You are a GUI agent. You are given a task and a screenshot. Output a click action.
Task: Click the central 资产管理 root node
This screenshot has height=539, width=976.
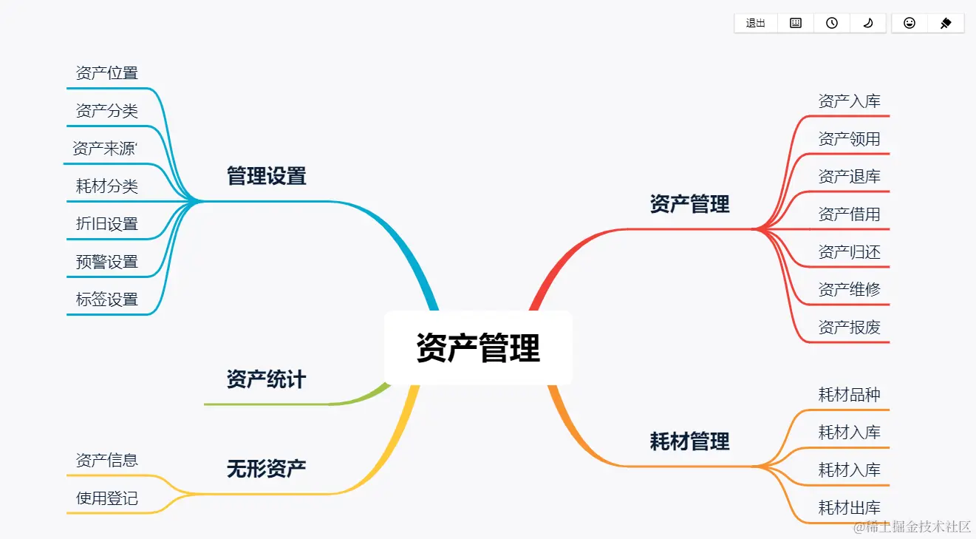coord(478,348)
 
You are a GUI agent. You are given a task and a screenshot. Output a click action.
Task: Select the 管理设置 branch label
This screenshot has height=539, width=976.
coord(266,176)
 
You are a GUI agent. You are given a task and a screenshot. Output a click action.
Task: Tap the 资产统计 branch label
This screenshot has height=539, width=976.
coord(266,380)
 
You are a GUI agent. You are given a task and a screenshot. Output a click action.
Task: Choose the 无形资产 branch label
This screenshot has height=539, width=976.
coord(266,468)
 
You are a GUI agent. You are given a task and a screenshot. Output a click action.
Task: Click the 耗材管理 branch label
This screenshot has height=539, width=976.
coord(689,441)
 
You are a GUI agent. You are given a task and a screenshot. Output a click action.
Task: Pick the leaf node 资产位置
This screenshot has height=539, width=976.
coord(106,73)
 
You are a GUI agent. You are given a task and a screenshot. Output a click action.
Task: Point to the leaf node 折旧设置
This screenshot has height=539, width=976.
coord(106,224)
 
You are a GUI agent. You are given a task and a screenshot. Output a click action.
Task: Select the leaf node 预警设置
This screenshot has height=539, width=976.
coord(106,262)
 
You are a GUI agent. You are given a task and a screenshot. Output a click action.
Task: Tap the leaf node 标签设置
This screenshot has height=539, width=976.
coord(106,299)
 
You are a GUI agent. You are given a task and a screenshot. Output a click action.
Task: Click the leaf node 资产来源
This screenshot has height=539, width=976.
coord(104,149)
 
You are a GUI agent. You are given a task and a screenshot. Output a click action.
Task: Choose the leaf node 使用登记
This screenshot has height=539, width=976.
coord(106,498)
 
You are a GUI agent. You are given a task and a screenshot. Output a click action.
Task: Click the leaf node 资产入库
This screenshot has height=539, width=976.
coord(849,101)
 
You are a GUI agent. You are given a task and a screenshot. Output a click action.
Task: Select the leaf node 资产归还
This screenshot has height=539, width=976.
coord(849,252)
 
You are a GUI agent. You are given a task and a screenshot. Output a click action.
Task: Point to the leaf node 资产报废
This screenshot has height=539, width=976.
coord(849,328)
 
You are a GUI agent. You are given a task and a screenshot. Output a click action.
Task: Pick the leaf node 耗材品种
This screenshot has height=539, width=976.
coord(849,395)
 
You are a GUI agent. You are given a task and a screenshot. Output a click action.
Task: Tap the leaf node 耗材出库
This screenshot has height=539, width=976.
coord(849,508)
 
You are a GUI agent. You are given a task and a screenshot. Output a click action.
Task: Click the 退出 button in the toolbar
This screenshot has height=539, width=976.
coord(756,24)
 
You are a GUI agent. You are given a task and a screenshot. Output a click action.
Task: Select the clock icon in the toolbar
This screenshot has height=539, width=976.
coord(832,24)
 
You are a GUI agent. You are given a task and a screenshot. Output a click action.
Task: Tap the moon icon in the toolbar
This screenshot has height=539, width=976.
coord(868,24)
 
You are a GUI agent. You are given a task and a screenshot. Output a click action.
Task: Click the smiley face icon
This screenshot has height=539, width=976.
coord(910,24)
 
